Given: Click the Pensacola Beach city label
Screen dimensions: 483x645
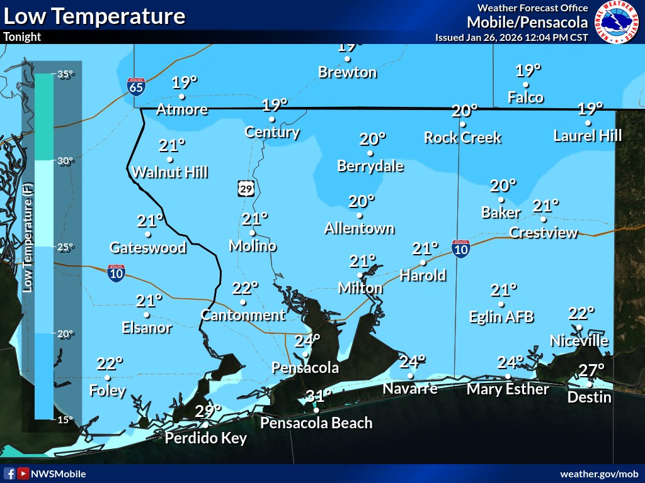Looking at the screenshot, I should (316, 423).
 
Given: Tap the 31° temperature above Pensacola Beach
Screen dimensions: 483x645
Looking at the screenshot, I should (319, 397).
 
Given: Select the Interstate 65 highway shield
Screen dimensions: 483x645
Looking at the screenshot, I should (136, 86).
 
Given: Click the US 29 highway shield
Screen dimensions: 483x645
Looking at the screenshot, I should (246, 187).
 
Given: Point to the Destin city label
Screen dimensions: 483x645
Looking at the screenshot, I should (589, 397).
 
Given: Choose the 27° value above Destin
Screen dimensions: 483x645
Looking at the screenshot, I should (591, 370).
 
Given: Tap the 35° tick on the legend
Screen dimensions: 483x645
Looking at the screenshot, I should (66, 74).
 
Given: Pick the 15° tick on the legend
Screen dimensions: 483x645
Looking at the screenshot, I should (66, 419).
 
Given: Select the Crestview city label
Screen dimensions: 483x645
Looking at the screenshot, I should (543, 233).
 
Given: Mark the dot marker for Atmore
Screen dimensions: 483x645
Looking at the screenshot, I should (182, 97).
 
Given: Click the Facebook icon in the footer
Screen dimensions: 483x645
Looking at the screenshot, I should (9, 474).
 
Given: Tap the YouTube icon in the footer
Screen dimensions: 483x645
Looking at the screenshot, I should (23, 474).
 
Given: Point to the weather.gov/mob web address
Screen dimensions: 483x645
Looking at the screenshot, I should (599, 474).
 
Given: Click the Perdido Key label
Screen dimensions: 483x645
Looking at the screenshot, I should (205, 438).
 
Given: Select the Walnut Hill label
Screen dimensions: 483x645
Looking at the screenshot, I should (169, 172).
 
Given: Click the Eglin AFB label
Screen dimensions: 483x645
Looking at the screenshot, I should (501, 317).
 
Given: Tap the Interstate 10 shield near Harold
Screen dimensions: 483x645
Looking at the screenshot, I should (461, 249).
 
